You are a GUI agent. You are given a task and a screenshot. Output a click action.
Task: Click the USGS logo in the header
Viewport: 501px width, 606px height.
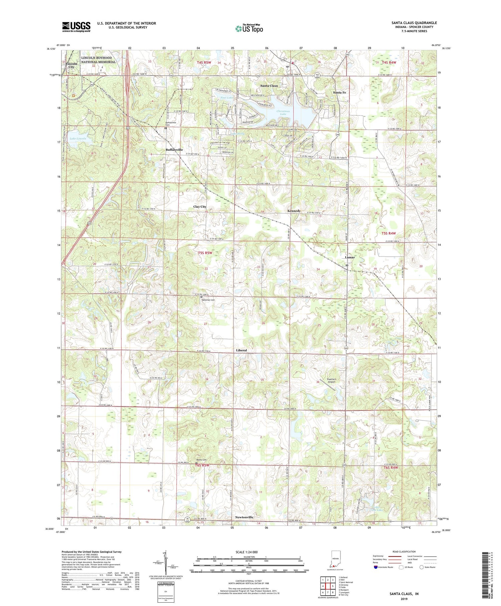click(x=76, y=27)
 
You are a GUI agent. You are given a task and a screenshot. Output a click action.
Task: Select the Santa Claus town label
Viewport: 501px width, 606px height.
click(x=269, y=86)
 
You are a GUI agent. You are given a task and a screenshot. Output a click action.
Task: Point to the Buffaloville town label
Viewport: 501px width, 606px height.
click(x=174, y=150)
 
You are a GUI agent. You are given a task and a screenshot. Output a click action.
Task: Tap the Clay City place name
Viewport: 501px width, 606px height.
click(x=200, y=207)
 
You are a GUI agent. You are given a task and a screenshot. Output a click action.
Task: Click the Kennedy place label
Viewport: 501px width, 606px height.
click(x=294, y=211)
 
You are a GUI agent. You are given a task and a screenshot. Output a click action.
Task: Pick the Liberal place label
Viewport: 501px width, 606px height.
click(x=241, y=350)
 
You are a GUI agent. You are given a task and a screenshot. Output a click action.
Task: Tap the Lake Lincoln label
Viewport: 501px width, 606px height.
click(x=78, y=138)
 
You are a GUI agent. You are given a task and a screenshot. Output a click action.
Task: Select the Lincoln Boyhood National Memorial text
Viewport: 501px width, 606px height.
click(x=98, y=60)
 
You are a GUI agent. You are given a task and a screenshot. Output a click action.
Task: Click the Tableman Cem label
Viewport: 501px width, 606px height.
click(x=207, y=300)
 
